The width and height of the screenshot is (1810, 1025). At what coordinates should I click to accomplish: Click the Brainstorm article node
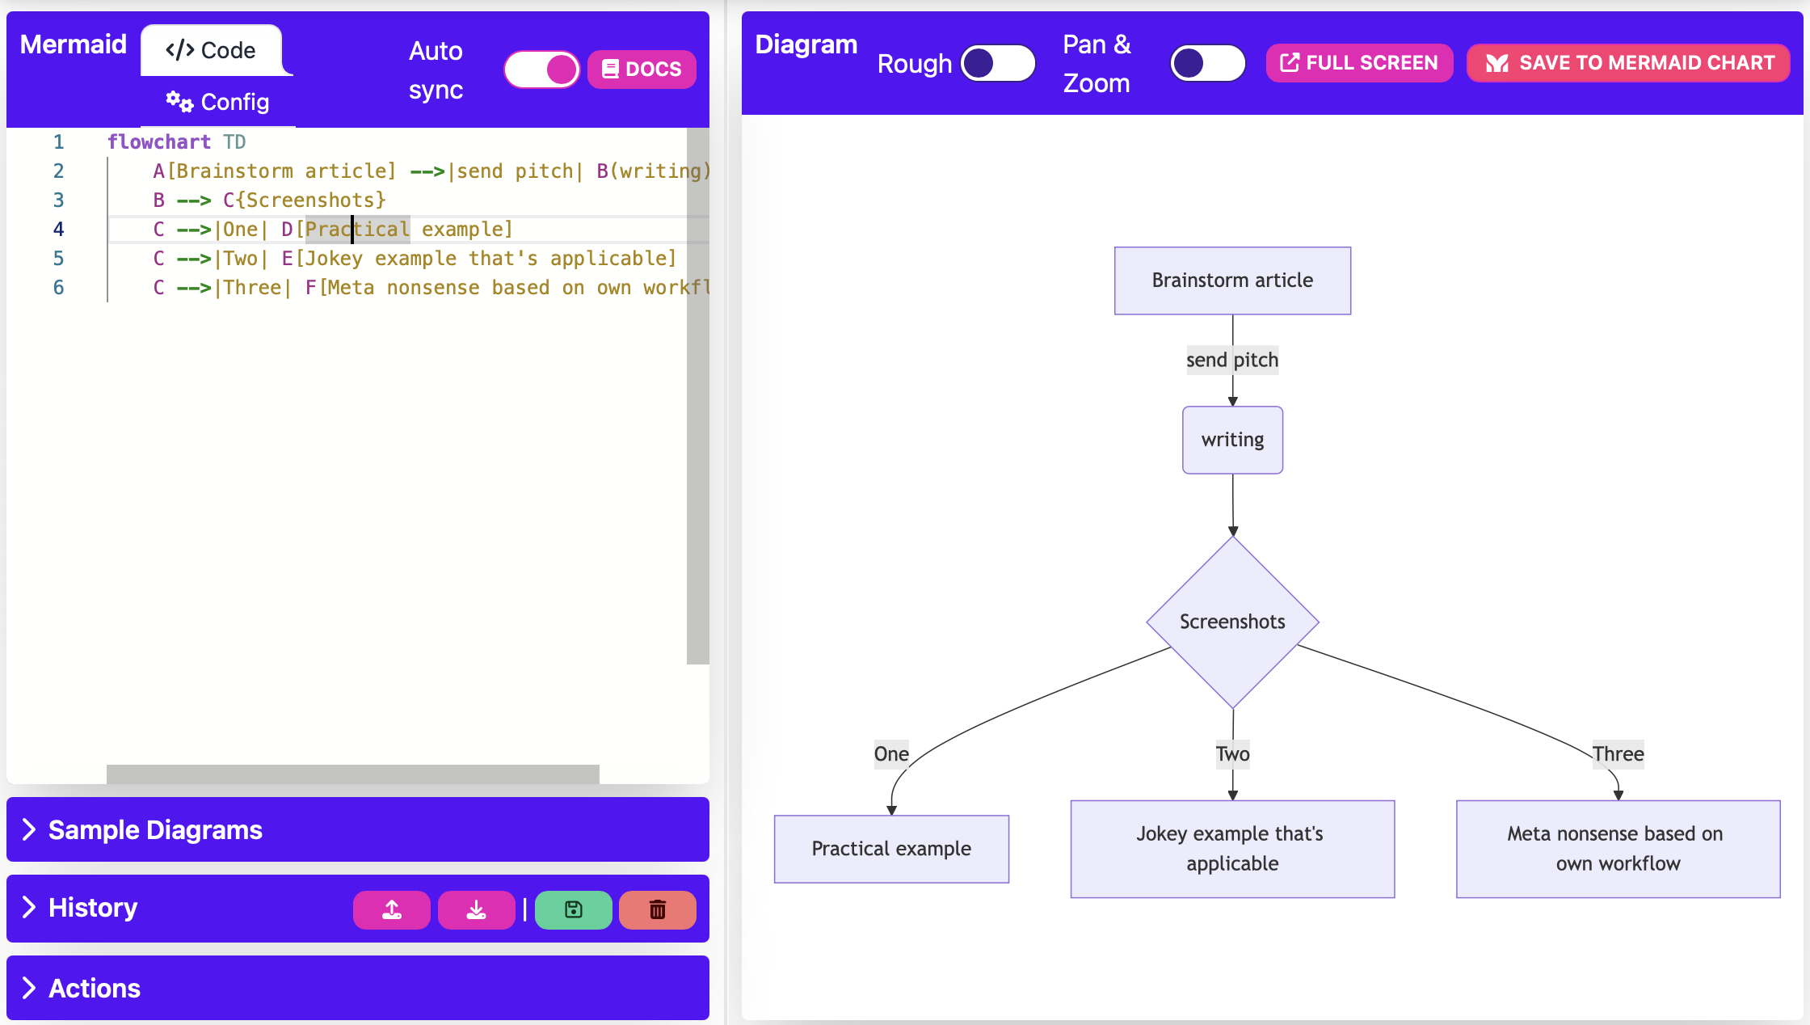[1232, 281]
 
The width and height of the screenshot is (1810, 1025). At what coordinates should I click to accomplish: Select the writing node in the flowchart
[1232, 440]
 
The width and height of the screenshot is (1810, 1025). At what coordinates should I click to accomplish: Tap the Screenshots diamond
[1232, 622]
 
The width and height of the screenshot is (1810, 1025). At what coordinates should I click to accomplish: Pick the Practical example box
[891, 849]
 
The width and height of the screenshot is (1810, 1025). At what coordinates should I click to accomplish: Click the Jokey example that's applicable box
[1232, 849]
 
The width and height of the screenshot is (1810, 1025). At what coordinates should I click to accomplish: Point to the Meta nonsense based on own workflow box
[1618, 849]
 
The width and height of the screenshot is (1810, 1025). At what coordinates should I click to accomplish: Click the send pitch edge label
[1232, 360]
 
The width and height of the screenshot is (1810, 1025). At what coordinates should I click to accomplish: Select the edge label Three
[1618, 754]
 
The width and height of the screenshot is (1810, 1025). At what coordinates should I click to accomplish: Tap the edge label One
[891, 754]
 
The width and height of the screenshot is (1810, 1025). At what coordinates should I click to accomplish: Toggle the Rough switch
[998, 63]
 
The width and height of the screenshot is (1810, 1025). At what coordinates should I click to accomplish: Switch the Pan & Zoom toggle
[1207, 63]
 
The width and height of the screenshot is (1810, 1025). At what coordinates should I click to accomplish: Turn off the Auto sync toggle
[542, 70]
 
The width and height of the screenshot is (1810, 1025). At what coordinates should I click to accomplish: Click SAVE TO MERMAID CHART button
[1628, 63]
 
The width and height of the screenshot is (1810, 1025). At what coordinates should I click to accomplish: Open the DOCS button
[642, 70]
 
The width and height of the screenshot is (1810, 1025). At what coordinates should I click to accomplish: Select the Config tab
[218, 102]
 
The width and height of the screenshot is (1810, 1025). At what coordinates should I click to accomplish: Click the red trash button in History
[658, 910]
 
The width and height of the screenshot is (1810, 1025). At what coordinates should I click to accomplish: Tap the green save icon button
[573, 910]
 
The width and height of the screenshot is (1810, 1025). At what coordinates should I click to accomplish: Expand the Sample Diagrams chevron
[29, 829]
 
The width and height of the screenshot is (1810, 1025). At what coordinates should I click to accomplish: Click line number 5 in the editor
[58, 259]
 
